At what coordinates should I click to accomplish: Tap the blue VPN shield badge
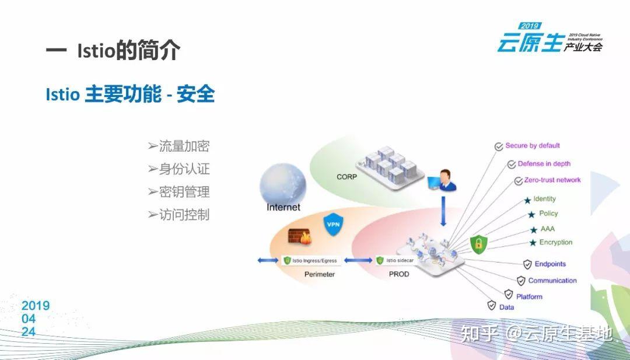click(332, 224)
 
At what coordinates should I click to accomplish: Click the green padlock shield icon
click(479, 243)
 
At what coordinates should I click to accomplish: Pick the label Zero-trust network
click(552, 180)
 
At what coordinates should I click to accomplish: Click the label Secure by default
click(532, 146)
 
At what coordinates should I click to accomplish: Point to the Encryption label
click(555, 242)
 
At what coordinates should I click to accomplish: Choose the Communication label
click(552, 281)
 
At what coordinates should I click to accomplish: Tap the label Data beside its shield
click(506, 307)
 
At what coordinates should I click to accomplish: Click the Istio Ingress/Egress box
click(310, 260)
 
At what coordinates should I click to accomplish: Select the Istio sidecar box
click(398, 260)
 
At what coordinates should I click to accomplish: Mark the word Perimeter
click(320, 274)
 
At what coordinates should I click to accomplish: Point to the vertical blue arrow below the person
click(443, 211)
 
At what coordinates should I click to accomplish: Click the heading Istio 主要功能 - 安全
click(130, 94)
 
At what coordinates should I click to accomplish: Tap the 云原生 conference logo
click(549, 39)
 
